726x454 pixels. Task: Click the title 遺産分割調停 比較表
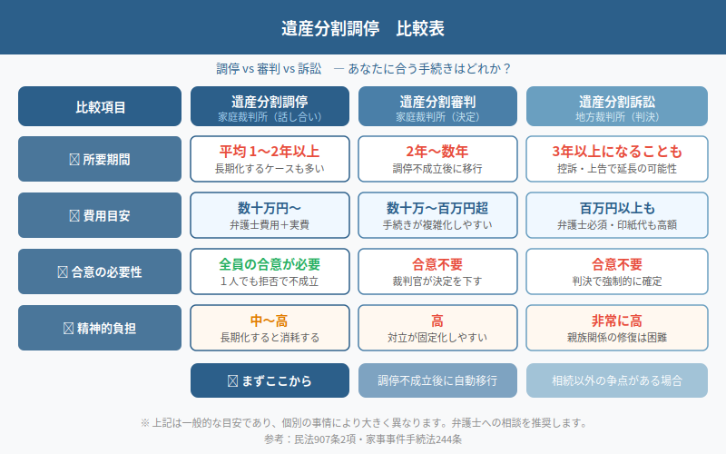tap(363, 28)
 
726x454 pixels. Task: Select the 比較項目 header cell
tap(100, 106)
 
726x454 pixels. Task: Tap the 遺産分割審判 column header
tap(438, 106)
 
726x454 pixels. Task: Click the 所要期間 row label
tap(100, 159)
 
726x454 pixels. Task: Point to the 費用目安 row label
tap(100, 215)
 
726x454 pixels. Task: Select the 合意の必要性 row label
tap(100, 271)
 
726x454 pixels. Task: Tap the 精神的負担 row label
tap(100, 327)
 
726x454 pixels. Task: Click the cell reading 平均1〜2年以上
tap(270, 159)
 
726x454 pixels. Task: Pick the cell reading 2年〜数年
tap(438, 159)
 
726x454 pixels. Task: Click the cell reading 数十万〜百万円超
tap(438, 215)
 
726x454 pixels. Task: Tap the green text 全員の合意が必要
tap(270, 264)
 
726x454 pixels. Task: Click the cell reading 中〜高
tap(270, 327)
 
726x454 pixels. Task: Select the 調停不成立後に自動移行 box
tap(438, 380)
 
